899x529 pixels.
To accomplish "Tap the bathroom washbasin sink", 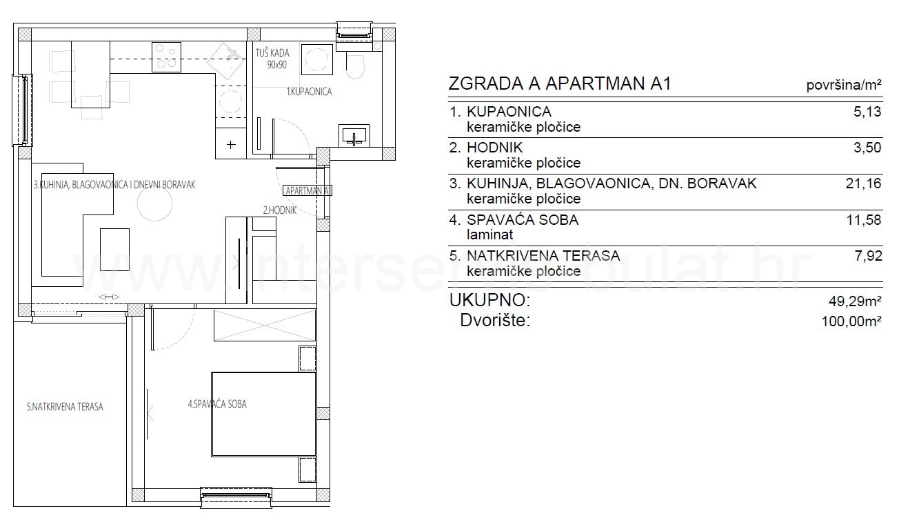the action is (x=354, y=135).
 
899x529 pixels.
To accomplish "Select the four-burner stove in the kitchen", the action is (x=166, y=57).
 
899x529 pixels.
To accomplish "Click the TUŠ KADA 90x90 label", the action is (x=272, y=59).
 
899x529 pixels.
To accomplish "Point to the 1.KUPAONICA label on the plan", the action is (x=309, y=92).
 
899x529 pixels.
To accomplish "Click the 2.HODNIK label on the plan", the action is (x=280, y=210).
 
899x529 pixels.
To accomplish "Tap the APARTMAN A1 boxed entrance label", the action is (x=307, y=190).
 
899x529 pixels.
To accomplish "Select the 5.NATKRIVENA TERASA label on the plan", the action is (x=65, y=407).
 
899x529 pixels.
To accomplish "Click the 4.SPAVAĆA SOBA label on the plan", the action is (x=217, y=403).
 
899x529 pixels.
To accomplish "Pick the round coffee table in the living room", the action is (x=154, y=203).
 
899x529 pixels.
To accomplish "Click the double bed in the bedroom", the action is (x=263, y=415).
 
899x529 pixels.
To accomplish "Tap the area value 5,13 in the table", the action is (x=867, y=112).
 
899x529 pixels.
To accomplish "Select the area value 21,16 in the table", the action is (x=863, y=183).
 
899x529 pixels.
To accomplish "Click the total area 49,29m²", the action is (x=855, y=301).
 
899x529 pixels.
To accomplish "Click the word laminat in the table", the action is (x=489, y=234).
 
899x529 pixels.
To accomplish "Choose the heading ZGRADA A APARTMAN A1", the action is (x=560, y=83).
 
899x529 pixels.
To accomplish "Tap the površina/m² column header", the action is (x=844, y=85).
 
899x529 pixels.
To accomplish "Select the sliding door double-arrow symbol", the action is (x=109, y=297).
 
